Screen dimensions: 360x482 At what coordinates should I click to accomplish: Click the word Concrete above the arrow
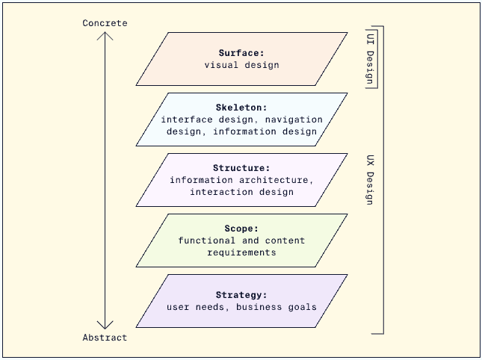coord(105,23)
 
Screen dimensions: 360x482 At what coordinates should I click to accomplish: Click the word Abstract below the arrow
coord(105,338)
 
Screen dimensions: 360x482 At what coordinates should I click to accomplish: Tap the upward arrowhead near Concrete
coord(105,35)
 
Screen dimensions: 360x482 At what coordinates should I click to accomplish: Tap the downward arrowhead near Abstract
coord(105,325)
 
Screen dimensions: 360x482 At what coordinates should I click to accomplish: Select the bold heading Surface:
coord(241,53)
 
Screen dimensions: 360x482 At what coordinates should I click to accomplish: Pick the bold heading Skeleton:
coord(241,108)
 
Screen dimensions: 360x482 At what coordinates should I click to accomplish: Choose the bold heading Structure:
coord(241,168)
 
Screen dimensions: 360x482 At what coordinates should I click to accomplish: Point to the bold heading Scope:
coord(241,229)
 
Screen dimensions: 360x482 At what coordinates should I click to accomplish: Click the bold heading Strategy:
coord(241,295)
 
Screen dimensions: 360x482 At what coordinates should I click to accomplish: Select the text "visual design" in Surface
coord(241,65)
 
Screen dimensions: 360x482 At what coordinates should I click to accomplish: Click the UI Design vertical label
coord(371,58)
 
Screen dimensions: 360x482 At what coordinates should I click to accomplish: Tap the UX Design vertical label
coord(371,180)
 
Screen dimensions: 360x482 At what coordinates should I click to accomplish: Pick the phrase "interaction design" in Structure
coord(241,192)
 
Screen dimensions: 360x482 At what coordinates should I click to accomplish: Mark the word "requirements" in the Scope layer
coord(241,252)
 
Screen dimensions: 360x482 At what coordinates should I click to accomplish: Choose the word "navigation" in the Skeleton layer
coord(294,120)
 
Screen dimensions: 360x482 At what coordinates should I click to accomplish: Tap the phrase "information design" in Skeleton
coord(265,131)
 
